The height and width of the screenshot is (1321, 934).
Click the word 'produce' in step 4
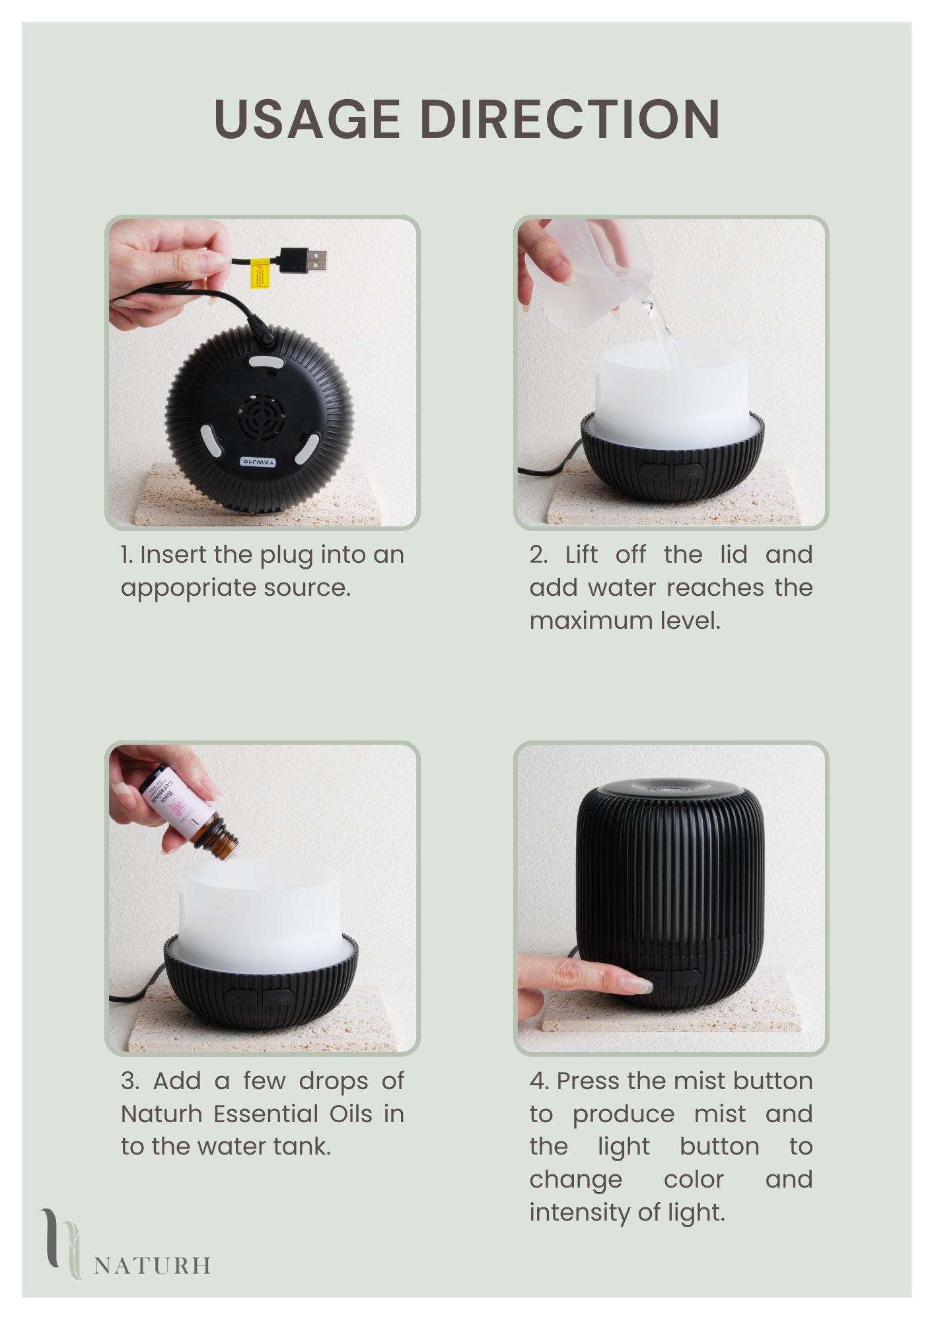[624, 1115]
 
